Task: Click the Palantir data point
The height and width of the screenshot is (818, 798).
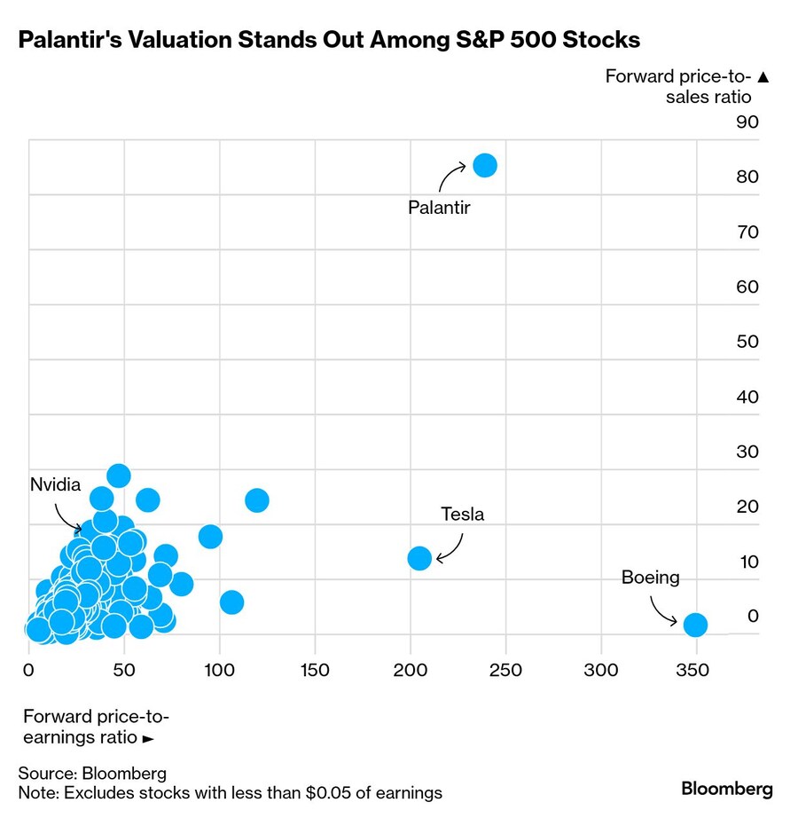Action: [485, 165]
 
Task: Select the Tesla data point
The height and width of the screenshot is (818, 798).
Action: [419, 558]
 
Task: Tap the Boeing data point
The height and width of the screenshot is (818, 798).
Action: [696, 625]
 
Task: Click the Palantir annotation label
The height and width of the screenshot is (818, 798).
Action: [439, 208]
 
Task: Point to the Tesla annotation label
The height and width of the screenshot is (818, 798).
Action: [463, 515]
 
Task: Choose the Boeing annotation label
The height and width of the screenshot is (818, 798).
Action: [650, 578]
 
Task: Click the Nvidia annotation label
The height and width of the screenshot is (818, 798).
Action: [55, 485]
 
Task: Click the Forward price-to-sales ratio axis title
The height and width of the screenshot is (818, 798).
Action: [688, 86]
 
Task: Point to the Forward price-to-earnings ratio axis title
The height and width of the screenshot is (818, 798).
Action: [96, 727]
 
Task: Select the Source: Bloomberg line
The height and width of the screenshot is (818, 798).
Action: [92, 774]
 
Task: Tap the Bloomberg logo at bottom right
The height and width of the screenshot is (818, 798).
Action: [727, 789]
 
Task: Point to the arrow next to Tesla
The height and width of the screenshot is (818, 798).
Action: [449, 549]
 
